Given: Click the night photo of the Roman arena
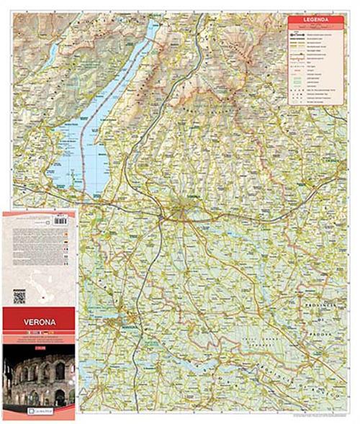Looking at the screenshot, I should (39, 375).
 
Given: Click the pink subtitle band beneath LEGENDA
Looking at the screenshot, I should (316, 27).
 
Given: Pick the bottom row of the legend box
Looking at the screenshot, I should (316, 102).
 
